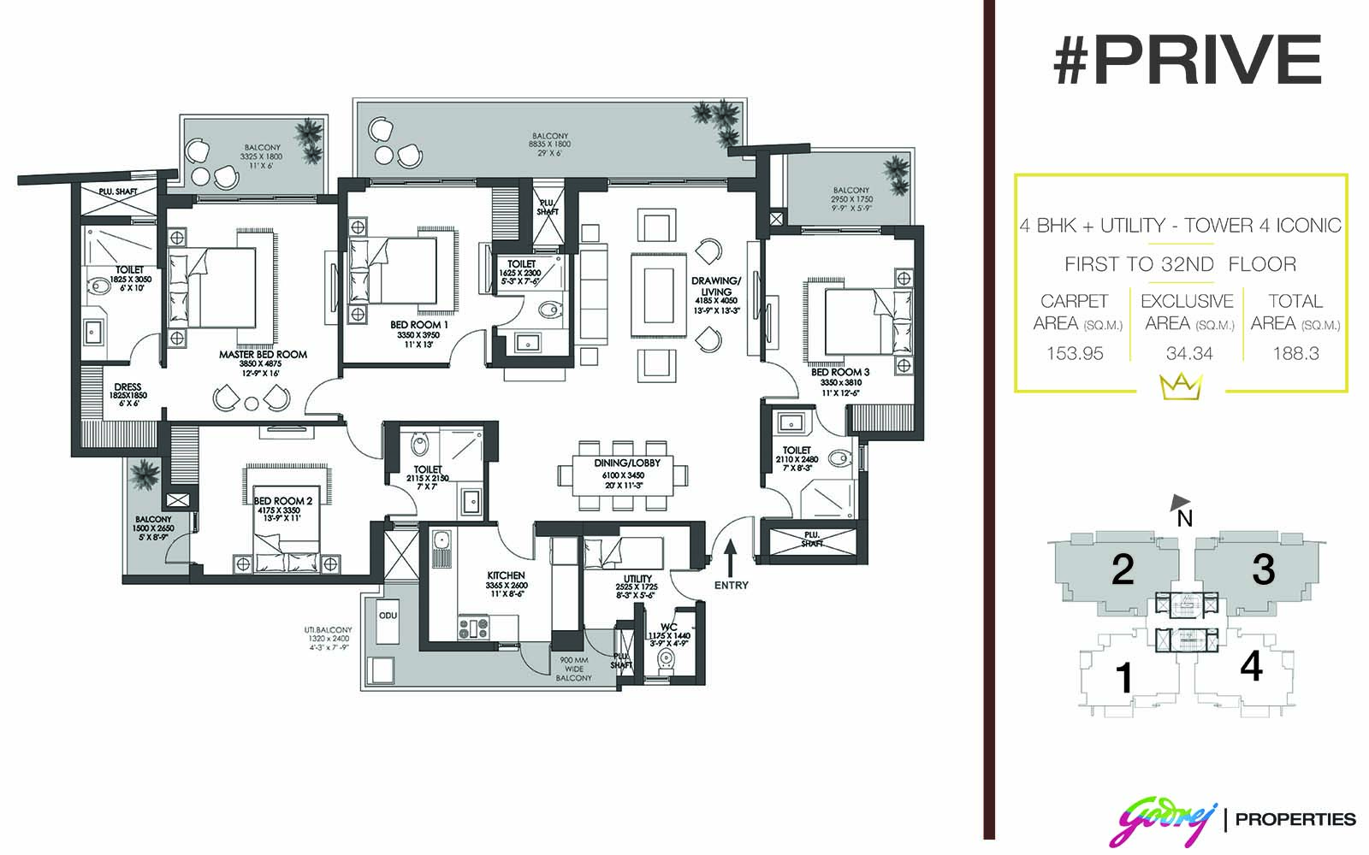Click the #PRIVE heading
click(1188, 59)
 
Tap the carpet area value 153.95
click(1075, 354)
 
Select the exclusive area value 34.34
click(1189, 354)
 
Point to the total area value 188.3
click(1295, 354)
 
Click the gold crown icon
click(1181, 386)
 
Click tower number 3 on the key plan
click(1263, 569)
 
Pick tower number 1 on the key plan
click(1123, 678)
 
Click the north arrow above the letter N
click(1180, 502)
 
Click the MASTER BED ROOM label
click(263, 354)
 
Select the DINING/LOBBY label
click(627, 463)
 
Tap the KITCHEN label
click(506, 575)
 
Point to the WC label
click(668, 627)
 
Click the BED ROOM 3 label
click(839, 372)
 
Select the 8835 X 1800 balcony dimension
click(549, 144)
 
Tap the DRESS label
click(127, 386)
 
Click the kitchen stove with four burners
click(474, 628)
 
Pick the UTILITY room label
click(637, 578)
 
